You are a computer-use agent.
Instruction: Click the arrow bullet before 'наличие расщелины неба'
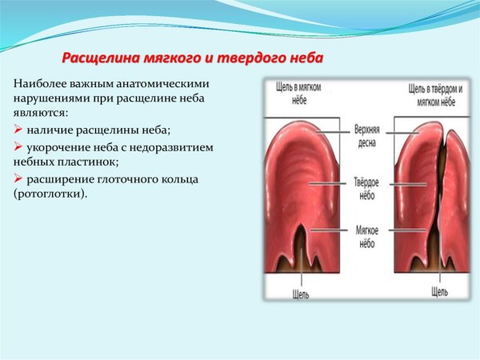click(x=18, y=130)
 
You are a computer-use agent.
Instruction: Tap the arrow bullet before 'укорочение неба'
click(x=18, y=147)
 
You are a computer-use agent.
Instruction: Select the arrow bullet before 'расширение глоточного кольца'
click(x=18, y=178)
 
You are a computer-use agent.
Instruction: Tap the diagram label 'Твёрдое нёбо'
click(x=366, y=187)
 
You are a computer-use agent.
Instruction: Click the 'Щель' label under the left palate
click(x=300, y=293)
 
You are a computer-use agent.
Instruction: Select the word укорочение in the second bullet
click(x=57, y=147)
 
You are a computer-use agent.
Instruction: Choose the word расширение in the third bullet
click(x=58, y=178)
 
